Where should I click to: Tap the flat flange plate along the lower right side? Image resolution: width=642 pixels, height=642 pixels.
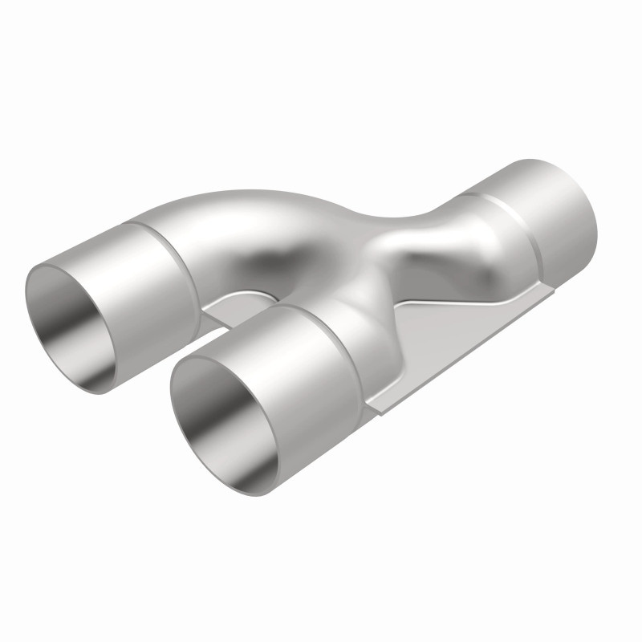point(449,337)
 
